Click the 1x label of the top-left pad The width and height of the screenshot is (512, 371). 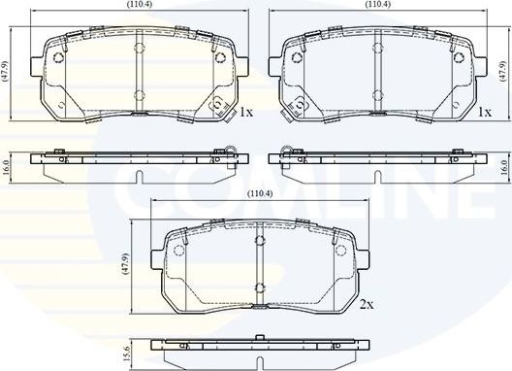pyautogui.click(x=246, y=112)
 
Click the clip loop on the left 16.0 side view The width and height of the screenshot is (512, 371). pyautogui.click(x=231, y=151)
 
